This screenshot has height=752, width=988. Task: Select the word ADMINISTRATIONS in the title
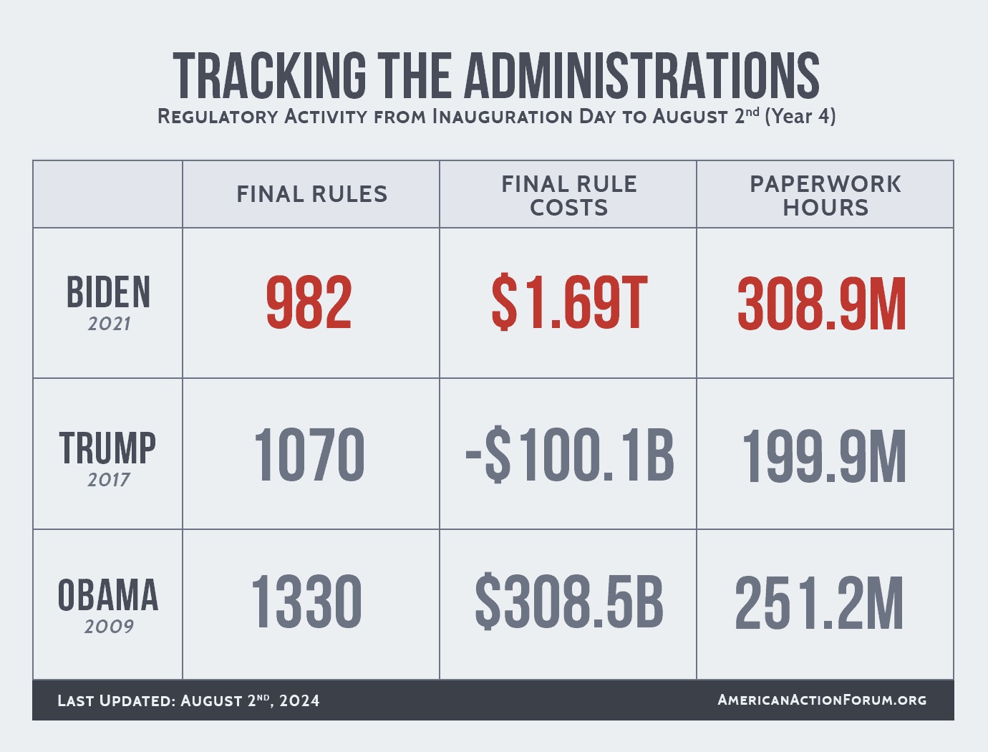pyautogui.click(x=642, y=76)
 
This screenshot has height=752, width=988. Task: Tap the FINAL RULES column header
pyautogui.click(x=312, y=194)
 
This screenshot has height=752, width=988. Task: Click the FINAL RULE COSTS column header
pyautogui.click(x=568, y=196)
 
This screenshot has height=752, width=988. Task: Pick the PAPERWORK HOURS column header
pyautogui.click(x=825, y=196)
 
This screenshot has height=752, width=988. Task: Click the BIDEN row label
pyautogui.click(x=109, y=293)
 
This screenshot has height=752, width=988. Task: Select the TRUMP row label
pyautogui.click(x=107, y=448)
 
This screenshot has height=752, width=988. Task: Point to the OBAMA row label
pyautogui.click(x=108, y=596)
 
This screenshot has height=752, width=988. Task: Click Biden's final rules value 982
pyautogui.click(x=309, y=304)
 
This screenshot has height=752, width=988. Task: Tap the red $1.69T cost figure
pyautogui.click(x=569, y=304)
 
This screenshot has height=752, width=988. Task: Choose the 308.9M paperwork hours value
pyautogui.click(x=822, y=305)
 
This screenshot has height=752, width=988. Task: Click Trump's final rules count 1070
pyautogui.click(x=309, y=455)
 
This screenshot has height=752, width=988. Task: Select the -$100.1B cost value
pyautogui.click(x=570, y=455)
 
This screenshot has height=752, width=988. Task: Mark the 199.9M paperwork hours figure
pyautogui.click(x=824, y=456)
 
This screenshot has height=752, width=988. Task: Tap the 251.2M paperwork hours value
pyautogui.click(x=820, y=604)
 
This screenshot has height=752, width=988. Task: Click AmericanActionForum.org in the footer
pyautogui.click(x=822, y=700)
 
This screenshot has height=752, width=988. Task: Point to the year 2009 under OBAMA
pyautogui.click(x=109, y=627)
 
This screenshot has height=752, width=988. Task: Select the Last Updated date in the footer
pyautogui.click(x=189, y=700)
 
